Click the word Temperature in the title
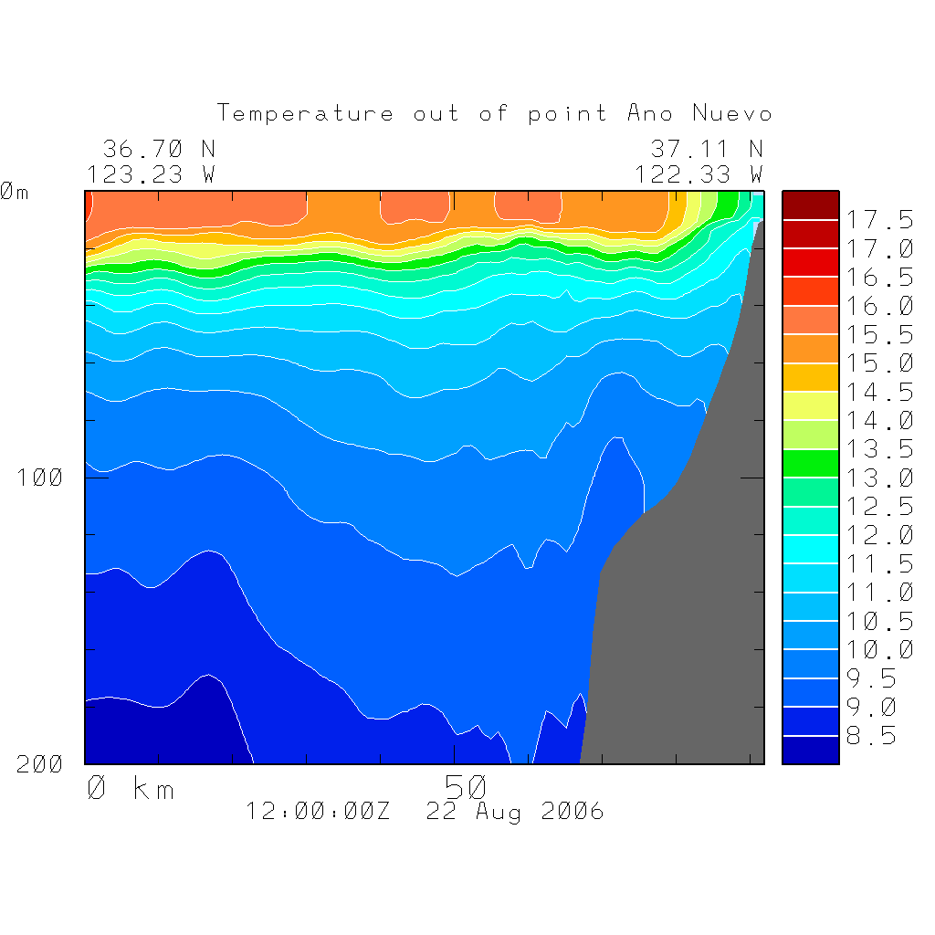tap(305, 114)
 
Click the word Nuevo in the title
tap(732, 114)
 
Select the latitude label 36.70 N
tap(159, 149)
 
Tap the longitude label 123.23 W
tap(152, 173)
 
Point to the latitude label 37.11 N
tap(706, 149)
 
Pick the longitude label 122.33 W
tap(699, 173)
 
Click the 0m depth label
tap(14, 193)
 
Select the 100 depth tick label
tap(39, 478)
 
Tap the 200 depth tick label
tap(39, 764)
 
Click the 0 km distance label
tap(131, 788)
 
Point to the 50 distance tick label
tap(466, 786)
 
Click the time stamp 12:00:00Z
tap(318, 811)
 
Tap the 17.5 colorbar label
tap(878, 220)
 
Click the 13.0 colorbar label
tap(878, 478)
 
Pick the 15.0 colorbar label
tap(878, 363)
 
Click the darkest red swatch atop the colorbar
tap(810, 205)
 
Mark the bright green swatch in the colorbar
tap(810, 464)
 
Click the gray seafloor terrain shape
tap(694, 621)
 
